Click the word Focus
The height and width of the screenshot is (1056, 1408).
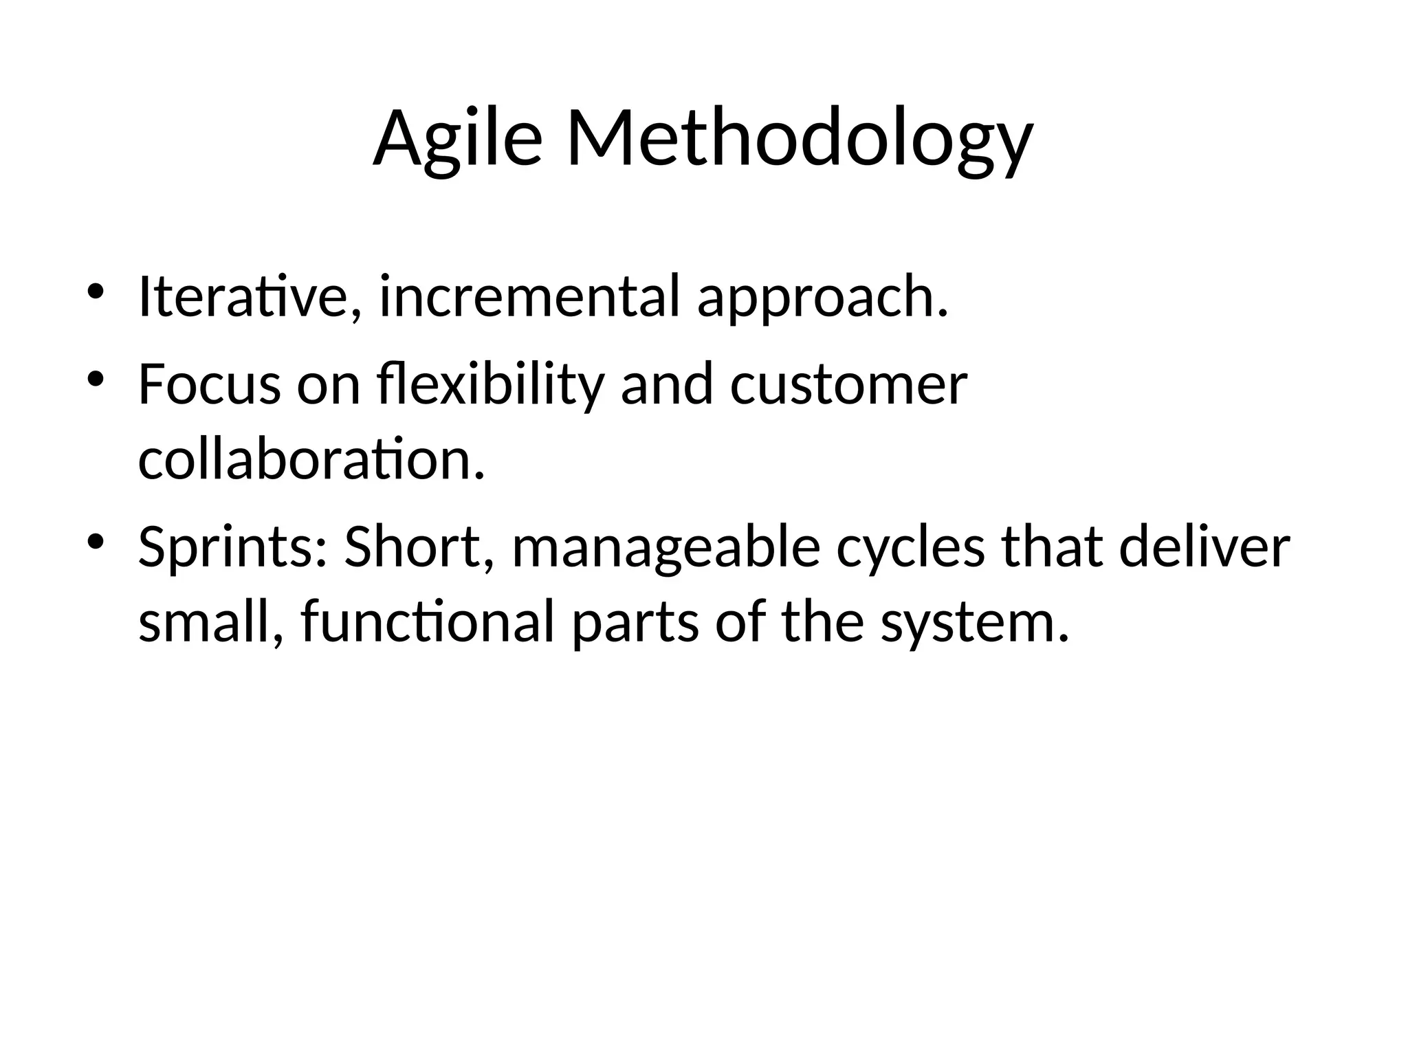point(209,385)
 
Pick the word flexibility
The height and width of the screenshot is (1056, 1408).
point(490,385)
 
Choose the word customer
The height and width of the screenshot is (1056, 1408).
point(848,385)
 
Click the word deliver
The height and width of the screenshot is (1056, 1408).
point(1204,547)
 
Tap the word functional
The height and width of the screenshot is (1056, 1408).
point(427,622)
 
